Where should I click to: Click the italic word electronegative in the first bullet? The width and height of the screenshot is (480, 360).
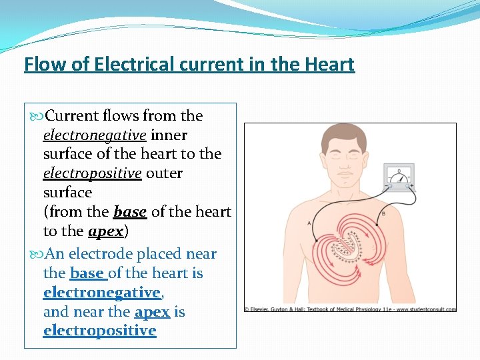(x=95, y=135)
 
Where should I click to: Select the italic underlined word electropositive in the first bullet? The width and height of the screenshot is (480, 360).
(x=93, y=173)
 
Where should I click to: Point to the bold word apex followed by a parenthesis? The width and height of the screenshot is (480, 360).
(x=105, y=231)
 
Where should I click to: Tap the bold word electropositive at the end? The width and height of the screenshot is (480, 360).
(x=99, y=331)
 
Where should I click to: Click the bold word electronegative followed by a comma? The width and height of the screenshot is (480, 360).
(x=101, y=293)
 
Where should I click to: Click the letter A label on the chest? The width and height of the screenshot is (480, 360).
(x=309, y=223)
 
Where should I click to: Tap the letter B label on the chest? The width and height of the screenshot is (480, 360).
(x=383, y=213)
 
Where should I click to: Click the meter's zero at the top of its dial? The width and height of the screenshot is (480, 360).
(x=399, y=171)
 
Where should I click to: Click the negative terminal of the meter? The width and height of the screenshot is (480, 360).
(x=388, y=187)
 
